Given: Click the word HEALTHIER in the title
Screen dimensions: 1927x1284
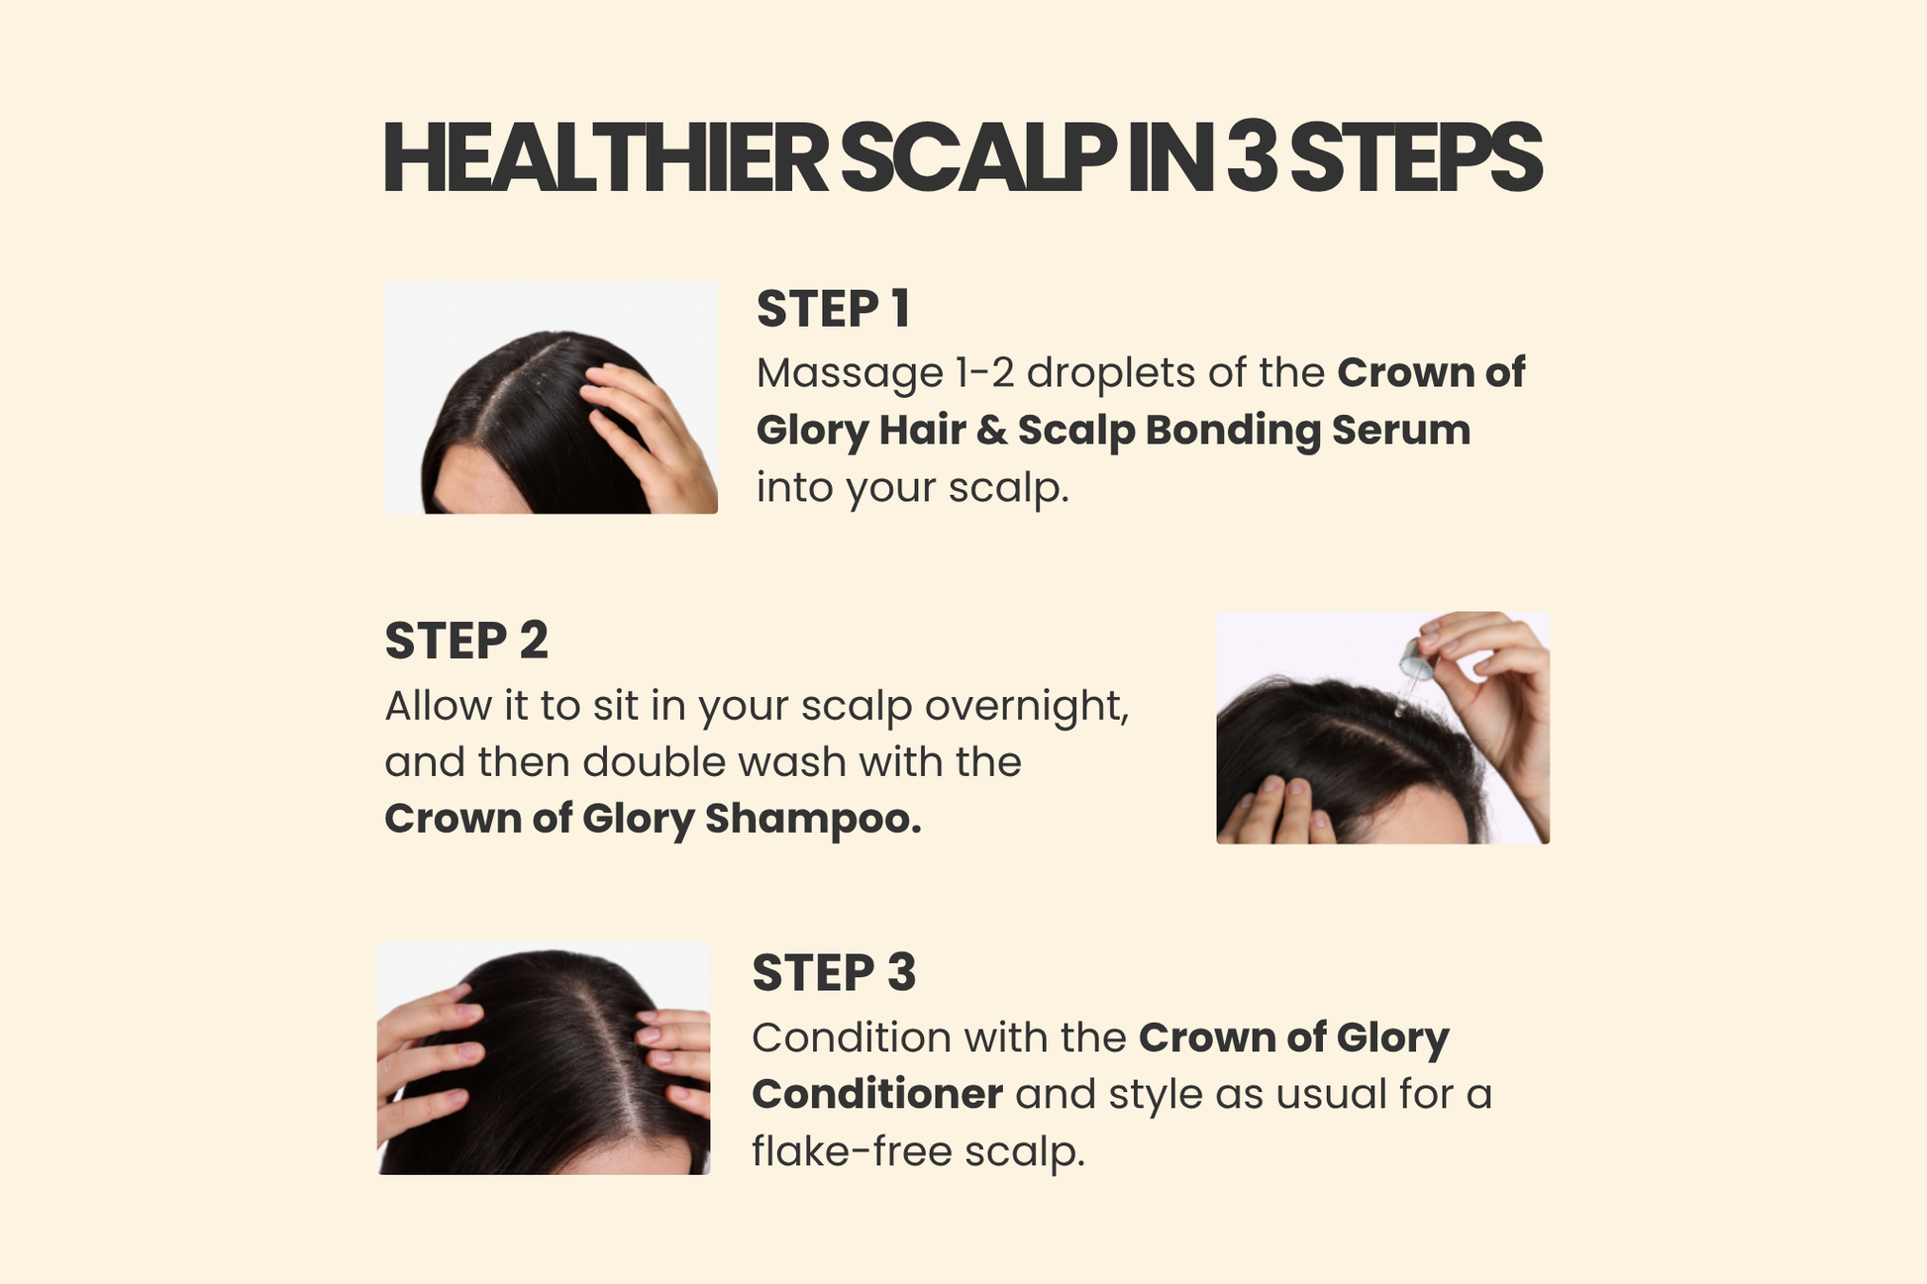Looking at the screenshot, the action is click(x=605, y=159).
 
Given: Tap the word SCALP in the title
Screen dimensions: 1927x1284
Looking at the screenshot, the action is click(x=977, y=159).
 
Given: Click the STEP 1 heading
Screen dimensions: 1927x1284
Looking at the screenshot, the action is click(x=833, y=309).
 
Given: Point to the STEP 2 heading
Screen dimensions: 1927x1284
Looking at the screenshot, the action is click(x=466, y=641).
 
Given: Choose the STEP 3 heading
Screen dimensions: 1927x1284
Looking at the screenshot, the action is click(x=834, y=972).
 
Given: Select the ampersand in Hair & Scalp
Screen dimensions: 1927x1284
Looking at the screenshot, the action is click(x=991, y=431).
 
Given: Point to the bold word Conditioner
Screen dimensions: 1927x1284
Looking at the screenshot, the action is click(x=877, y=1095).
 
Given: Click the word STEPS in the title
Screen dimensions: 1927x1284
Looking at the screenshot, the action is click(x=1416, y=159).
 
